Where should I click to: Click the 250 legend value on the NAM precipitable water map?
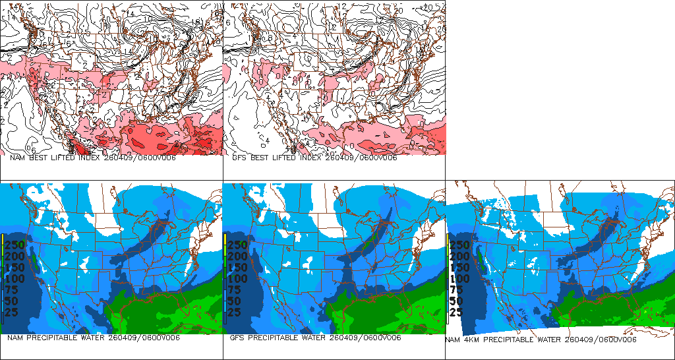pos(15,245)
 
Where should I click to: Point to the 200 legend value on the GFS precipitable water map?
pos(238,256)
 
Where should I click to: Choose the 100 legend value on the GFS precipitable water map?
pos(238,278)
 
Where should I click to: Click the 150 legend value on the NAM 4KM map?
pos(460,267)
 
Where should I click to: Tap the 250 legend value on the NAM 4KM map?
pos(460,245)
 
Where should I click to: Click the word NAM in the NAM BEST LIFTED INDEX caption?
pos(17,158)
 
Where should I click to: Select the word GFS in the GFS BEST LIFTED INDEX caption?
pos(239,158)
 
